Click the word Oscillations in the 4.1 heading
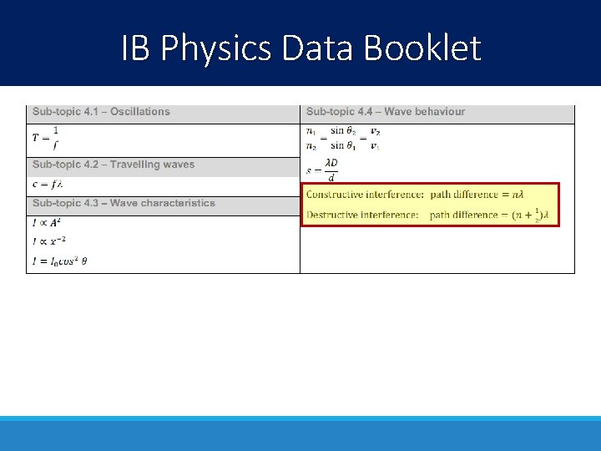[140, 112]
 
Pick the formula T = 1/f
[46, 139]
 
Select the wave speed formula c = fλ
[48, 185]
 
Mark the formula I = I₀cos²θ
[60, 261]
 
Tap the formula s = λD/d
[322, 170]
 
